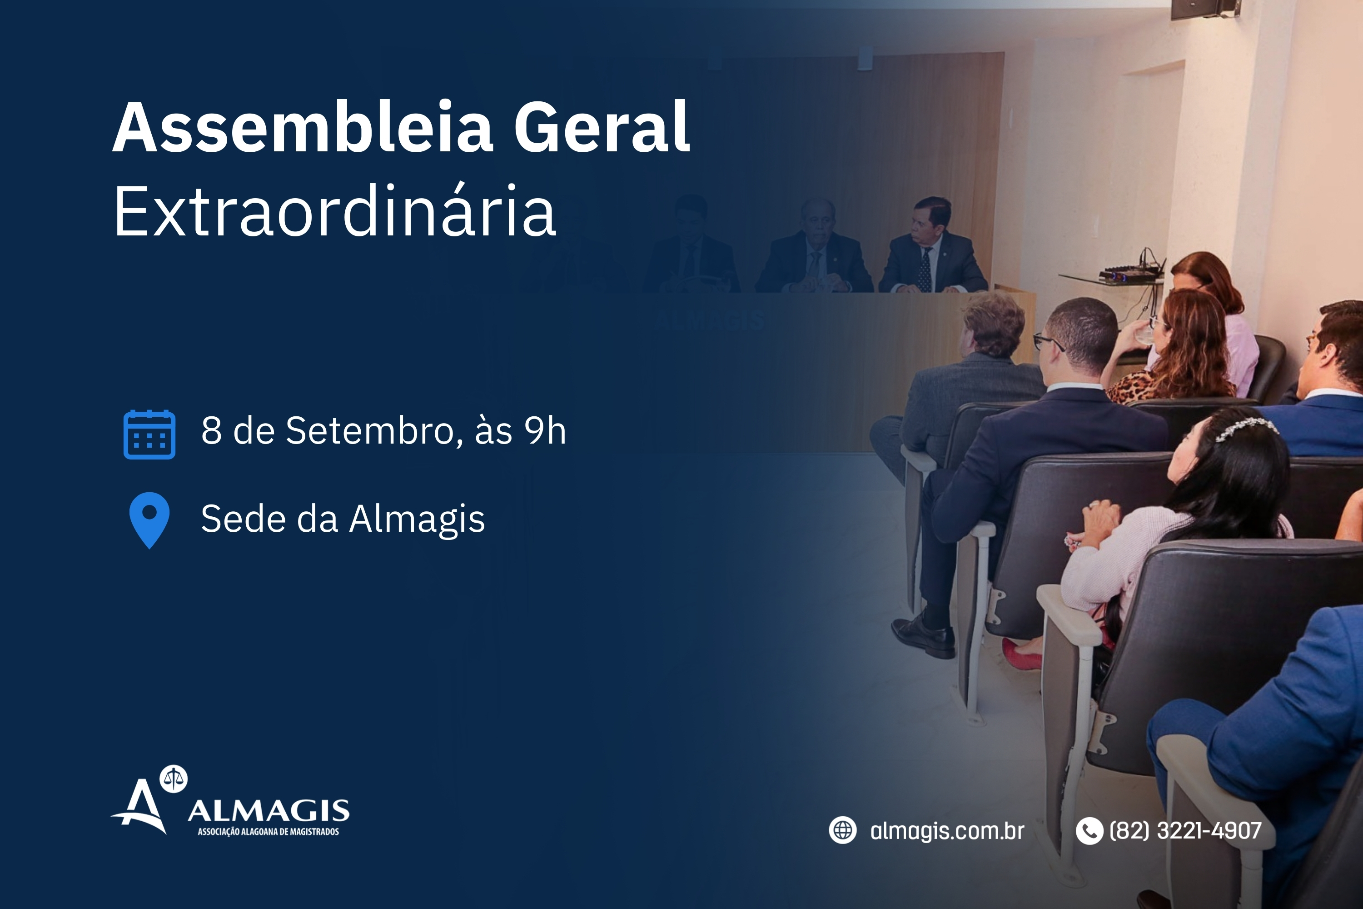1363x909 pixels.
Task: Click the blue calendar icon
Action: [149, 434]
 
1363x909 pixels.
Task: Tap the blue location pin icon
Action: [149, 520]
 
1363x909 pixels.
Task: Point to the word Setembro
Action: [374, 431]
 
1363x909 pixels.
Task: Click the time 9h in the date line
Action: [545, 431]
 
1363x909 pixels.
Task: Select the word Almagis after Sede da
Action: [417, 519]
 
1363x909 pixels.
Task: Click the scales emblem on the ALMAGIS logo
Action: [174, 779]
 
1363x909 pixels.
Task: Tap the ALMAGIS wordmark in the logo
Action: [269, 811]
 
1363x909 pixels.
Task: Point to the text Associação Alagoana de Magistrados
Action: [269, 832]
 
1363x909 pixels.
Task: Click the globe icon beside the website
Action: [843, 830]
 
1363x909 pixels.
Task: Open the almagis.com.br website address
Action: [947, 831]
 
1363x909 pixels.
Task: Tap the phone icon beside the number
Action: [1089, 831]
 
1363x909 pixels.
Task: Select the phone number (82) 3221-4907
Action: [1185, 831]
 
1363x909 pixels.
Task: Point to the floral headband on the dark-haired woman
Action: [1246, 429]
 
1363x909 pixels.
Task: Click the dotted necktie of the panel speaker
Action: [925, 270]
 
